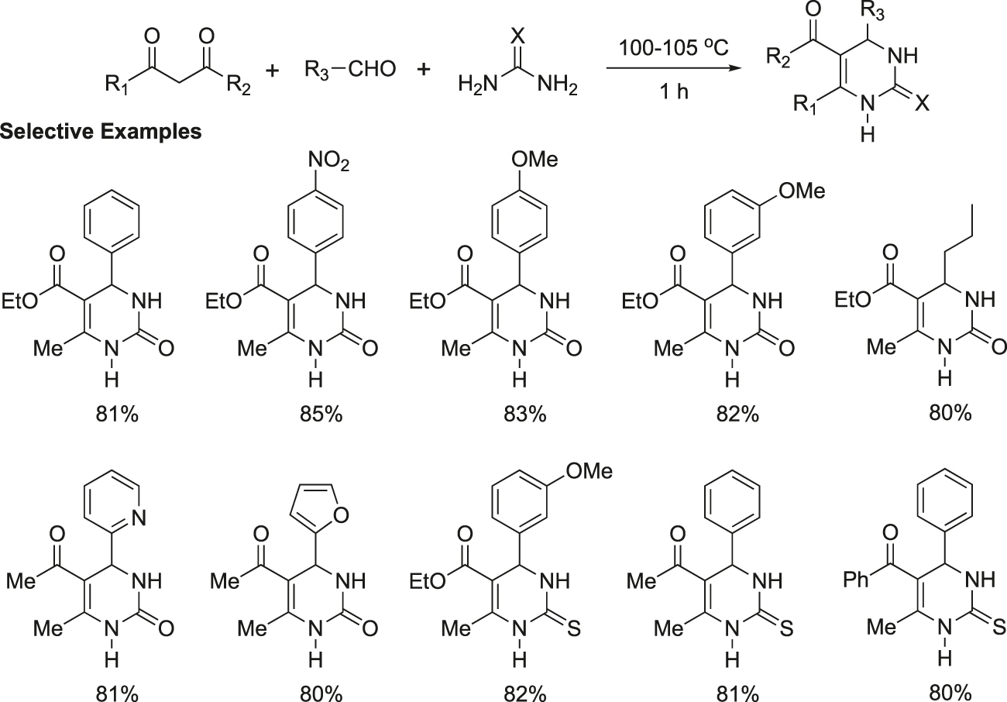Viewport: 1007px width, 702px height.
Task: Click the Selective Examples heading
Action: click(101, 132)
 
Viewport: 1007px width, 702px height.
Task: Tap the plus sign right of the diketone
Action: click(273, 71)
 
